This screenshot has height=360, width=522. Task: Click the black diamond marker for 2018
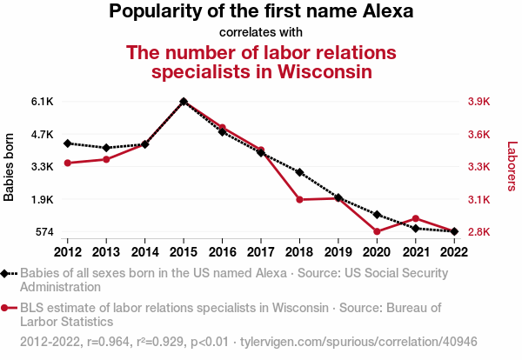coord(299,172)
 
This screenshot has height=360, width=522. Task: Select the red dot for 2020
coord(377,231)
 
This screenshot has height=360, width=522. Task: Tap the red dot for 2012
coord(68,163)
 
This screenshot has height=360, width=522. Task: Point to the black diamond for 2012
coord(68,143)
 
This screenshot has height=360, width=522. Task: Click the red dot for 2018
coord(299,200)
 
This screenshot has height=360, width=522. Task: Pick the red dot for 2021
coord(416,218)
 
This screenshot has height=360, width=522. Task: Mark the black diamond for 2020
coord(377,214)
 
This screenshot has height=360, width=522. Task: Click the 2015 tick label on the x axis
coord(184,252)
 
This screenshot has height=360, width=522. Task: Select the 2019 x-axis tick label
coord(338,252)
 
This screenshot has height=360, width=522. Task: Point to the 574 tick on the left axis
coord(43,232)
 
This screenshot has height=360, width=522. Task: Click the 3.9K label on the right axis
coord(479,102)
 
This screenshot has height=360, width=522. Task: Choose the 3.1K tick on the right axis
coord(479,200)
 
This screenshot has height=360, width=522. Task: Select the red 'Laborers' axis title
coord(512,167)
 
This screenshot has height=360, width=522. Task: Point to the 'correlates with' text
coord(261,32)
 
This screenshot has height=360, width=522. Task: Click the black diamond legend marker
coord(7,273)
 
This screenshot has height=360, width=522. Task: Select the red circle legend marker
coord(7,307)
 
